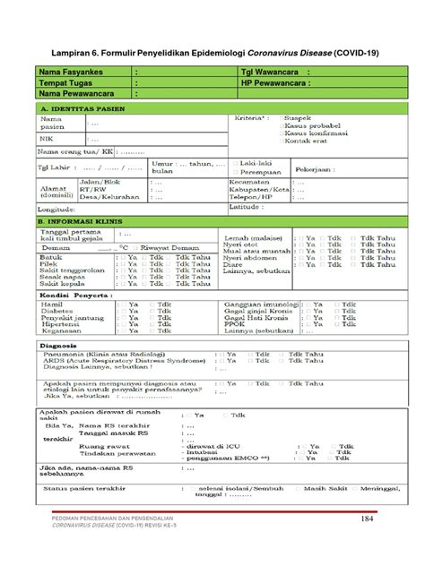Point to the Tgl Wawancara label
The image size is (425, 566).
pyautogui.click(x=271, y=72)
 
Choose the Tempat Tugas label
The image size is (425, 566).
pyautogui.click(x=66, y=81)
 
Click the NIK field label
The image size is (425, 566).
pyautogui.click(x=46, y=140)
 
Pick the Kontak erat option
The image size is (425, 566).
pyautogui.click(x=306, y=141)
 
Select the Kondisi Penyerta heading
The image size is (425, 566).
pyautogui.click(x=75, y=294)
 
